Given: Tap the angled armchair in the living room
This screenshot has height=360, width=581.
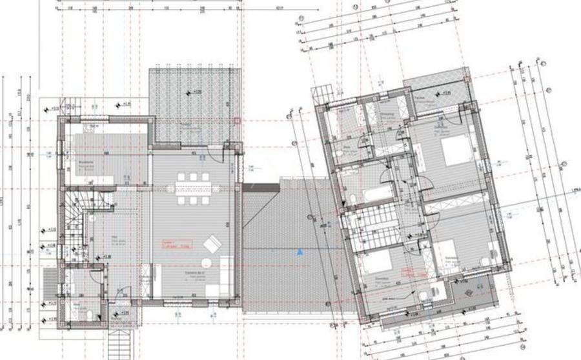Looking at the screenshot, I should pos(211,245).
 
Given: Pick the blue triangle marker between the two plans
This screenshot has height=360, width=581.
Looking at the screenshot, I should pos(300,252).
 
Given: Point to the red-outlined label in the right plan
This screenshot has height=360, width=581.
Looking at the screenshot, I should pos(409,272).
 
